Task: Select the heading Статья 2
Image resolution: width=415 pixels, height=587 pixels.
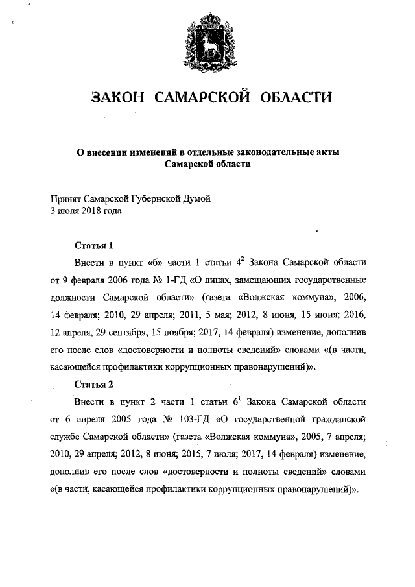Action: click(x=94, y=383)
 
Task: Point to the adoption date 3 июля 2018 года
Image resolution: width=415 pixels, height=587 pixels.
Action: click(x=86, y=211)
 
